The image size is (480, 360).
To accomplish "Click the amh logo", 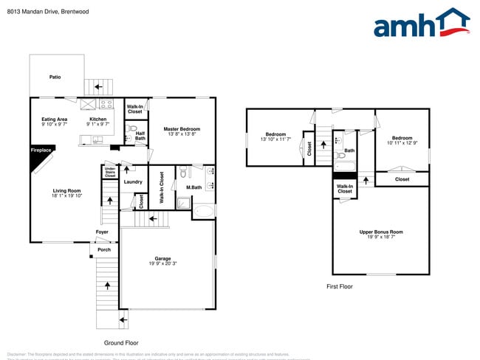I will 422,24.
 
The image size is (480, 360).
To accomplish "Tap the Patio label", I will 55,77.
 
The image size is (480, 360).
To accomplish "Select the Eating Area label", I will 54,120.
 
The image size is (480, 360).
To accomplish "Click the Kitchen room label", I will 97,120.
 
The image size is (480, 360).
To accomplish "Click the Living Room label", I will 66,191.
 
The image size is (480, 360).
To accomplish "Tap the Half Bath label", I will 140,136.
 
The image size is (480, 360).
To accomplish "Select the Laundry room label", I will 133,181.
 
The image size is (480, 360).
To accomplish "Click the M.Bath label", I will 194,187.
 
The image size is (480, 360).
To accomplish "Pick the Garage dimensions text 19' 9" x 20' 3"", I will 162,263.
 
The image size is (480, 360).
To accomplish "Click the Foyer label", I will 102,232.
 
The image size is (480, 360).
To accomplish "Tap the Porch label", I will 103,249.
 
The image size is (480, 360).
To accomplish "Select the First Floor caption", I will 339,285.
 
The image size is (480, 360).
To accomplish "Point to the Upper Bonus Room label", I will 381,232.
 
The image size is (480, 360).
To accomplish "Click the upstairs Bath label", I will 349,150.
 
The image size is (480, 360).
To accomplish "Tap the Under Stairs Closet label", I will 110,173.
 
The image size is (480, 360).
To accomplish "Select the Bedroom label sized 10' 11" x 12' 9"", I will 402,138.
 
